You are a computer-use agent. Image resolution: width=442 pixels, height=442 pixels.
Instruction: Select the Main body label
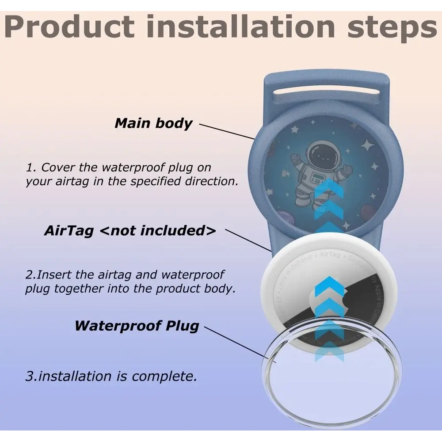point(153,123)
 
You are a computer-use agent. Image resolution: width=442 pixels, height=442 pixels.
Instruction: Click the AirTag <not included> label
point(130,230)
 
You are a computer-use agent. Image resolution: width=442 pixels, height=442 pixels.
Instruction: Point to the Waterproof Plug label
point(137,326)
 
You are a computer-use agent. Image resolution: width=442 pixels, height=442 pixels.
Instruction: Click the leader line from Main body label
point(227,132)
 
